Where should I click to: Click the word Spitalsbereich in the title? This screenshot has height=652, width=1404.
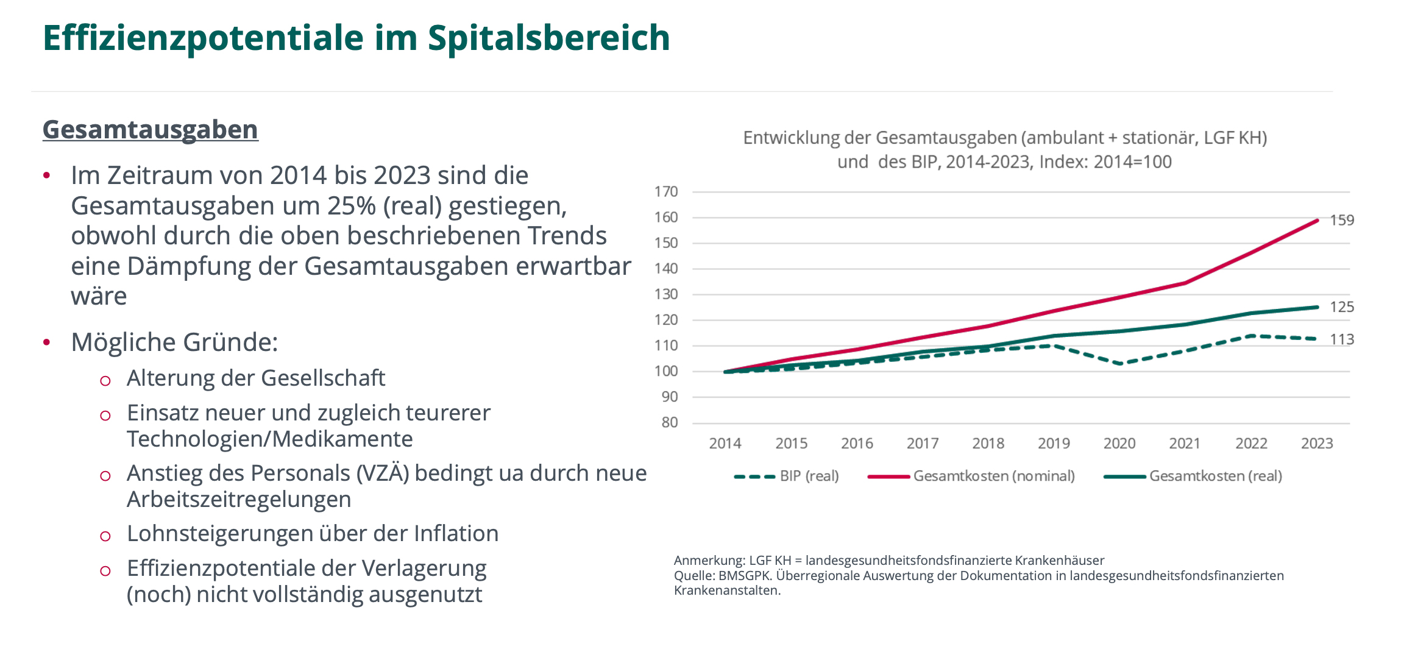tap(548, 38)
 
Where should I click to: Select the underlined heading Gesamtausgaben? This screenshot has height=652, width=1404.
tap(151, 130)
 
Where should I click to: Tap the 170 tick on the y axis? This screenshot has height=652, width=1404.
tap(666, 192)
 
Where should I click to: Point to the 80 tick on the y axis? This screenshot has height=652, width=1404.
tap(670, 422)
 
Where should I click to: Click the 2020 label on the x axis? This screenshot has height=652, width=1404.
tap(1119, 444)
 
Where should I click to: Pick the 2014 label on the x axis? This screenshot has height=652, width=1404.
tap(725, 444)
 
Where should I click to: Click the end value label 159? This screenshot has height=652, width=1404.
tap(1342, 221)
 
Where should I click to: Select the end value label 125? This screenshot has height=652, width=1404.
tap(1342, 307)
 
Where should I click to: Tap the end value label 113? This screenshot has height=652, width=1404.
tap(1342, 339)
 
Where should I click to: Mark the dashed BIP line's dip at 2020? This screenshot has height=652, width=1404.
tap(1120, 364)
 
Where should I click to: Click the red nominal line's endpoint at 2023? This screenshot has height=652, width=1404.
tap(1317, 221)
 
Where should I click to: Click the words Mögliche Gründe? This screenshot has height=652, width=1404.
tap(174, 342)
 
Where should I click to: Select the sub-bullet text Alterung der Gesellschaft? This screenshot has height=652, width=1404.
tap(256, 378)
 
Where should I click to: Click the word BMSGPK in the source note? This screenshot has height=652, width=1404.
tap(745, 576)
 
